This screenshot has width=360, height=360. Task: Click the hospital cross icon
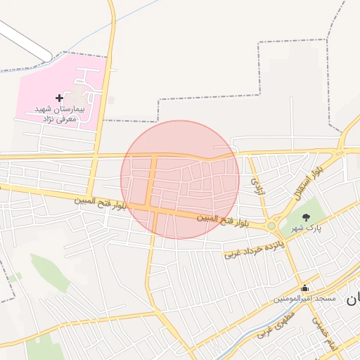[x=59, y=98]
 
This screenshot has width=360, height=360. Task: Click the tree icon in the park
[x=305, y=217]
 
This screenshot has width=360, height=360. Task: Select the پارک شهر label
[x=307, y=229]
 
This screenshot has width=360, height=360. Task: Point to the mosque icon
[x=304, y=288]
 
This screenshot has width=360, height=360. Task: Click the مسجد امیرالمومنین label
[x=305, y=299]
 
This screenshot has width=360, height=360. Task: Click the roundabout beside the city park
[x=271, y=226]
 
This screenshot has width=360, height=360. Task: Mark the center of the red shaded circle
[x=180, y=179]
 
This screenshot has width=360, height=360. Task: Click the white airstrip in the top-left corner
[x=25, y=39]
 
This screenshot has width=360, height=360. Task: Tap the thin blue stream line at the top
[x=134, y=20]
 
